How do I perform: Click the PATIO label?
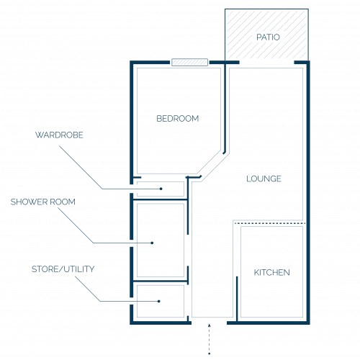coord(268,37)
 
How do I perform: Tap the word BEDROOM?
coord(178,119)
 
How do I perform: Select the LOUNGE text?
coord(264,179)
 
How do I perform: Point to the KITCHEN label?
coord(271,272)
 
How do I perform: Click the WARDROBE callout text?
coord(59,135)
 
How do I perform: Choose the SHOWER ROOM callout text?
coord(43,202)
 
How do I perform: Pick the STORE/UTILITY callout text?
coord(63,269)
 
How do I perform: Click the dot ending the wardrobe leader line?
coord(161,189)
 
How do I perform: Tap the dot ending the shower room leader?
coord(152,243)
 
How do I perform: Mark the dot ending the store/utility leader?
coord(159,301)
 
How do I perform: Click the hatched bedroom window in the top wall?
coord(189,63)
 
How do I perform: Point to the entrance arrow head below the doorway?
coord(210,325)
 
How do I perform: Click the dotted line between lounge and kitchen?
coord(270,223)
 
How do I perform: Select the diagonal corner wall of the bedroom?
coord(209,162)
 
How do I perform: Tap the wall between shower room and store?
coord(161,281)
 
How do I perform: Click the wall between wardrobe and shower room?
coord(160,199)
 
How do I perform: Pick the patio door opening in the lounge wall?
coord(267,63)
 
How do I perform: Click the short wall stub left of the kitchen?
coord(237,299)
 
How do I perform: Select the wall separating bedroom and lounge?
coord(225,108)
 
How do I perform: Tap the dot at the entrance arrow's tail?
coord(210,354)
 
